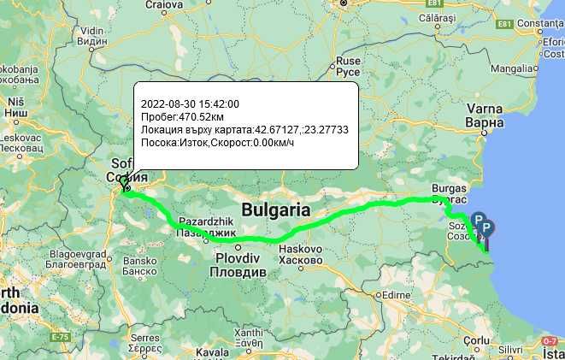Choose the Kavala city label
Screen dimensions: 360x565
[x=212, y=351]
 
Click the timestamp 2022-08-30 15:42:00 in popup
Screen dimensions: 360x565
[x=190, y=103]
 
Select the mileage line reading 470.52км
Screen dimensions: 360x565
[x=182, y=116]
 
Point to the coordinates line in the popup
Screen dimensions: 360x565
[x=244, y=129]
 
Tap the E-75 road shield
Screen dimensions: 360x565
[x=61, y=338]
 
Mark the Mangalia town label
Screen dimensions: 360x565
[x=512, y=68]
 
